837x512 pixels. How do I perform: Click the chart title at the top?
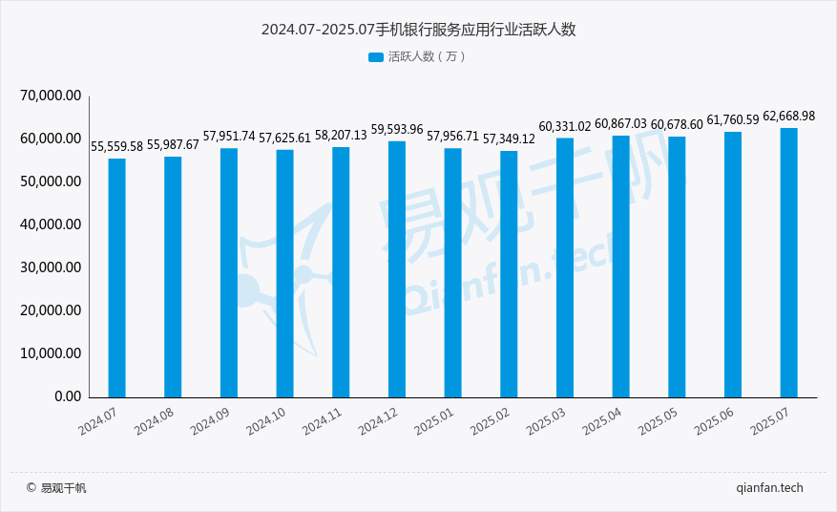[x=418, y=30]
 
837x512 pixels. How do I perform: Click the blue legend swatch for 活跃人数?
[x=375, y=57]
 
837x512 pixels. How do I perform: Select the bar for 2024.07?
[x=116, y=277]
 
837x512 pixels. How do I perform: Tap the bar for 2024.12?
[x=397, y=268]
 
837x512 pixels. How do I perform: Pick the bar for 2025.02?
[x=509, y=273]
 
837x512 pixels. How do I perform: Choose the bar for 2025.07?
[x=789, y=262]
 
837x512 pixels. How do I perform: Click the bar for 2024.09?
[x=229, y=272]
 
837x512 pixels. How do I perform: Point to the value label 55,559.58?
[x=116, y=147]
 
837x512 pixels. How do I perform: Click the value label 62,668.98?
[x=788, y=117]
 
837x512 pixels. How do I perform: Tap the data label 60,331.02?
[x=565, y=127]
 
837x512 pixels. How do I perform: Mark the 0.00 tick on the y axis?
[x=67, y=396]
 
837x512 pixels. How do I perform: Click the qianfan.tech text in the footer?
[x=770, y=488]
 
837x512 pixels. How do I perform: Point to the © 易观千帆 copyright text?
[x=56, y=488]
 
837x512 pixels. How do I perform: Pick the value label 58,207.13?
[x=341, y=136]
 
